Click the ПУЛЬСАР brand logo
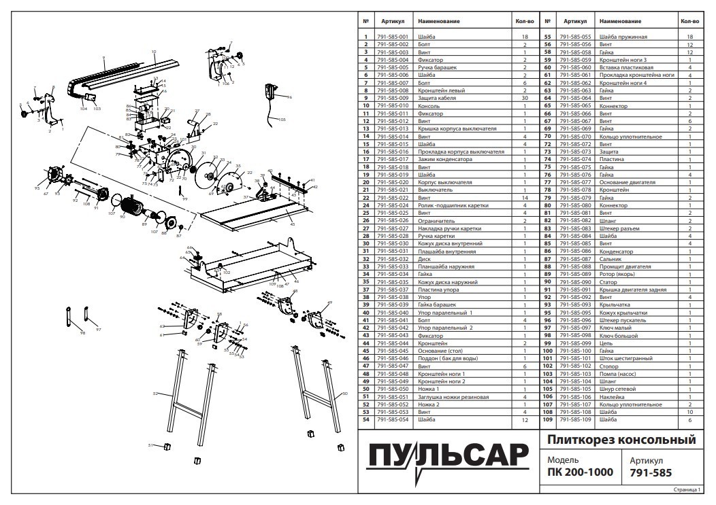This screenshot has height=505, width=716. coord(448,457)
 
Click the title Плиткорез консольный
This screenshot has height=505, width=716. coord(621,440)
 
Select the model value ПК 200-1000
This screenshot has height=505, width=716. coord(580,472)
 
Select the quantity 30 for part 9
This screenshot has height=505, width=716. coord(525,99)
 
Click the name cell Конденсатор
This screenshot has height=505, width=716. coord(616,251)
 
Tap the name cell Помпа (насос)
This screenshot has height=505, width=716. coord(617,374)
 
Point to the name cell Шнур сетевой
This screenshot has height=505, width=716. coord(615,389)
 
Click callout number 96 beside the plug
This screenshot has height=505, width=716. coord(289,97)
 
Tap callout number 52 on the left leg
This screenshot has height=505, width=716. coord(155,394)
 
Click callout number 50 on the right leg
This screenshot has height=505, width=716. coord(344,394)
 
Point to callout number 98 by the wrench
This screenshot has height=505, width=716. coord(82,333)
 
